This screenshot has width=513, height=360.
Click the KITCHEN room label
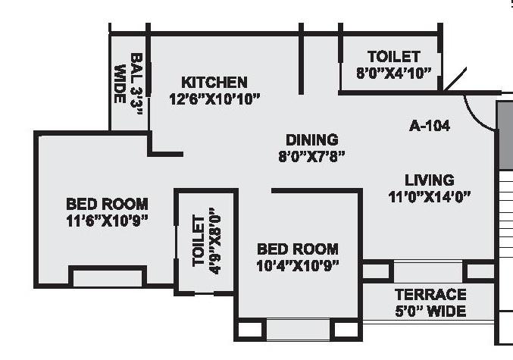point(214,82)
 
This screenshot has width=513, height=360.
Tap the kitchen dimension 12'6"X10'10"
point(215,98)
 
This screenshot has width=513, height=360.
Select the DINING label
point(311,139)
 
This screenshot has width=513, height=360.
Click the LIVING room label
point(429,180)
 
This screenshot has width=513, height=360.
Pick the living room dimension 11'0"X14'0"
point(429,196)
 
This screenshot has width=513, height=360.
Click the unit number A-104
point(429,126)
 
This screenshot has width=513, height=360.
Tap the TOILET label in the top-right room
point(393,57)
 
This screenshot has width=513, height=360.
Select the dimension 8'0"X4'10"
point(393,73)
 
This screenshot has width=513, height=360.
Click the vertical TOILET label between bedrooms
point(199,241)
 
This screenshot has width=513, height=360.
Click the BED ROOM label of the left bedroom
point(107,204)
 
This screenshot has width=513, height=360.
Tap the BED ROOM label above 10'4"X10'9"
point(297,249)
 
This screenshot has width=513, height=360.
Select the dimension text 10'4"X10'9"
point(297,265)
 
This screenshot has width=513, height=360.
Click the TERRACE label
point(430,294)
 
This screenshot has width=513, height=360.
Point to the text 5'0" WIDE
point(430,311)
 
